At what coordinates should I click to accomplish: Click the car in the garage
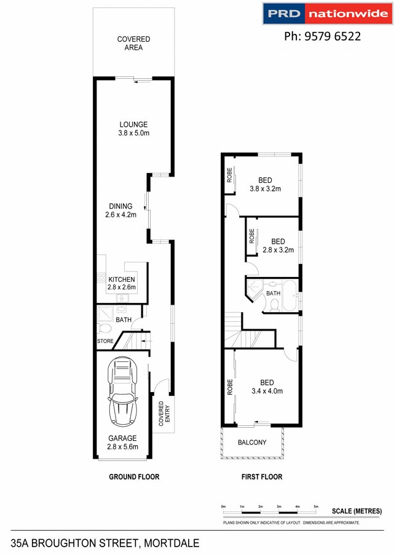point(124,393)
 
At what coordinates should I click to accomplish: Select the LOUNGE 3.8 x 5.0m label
point(133,129)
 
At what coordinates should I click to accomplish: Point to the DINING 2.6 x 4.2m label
point(120,211)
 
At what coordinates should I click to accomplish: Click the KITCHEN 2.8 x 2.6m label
point(122,283)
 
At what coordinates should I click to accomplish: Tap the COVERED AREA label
point(133,43)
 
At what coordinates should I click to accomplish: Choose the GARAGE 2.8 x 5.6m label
point(123,443)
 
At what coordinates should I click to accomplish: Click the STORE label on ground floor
point(105,341)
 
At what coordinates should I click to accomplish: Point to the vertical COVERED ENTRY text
point(161,414)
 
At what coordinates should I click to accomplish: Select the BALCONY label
point(253,442)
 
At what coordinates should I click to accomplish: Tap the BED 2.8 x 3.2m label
point(278,246)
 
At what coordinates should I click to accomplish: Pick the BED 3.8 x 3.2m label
point(265,185)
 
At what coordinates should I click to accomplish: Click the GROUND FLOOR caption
point(134,476)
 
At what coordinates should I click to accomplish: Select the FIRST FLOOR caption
point(262,476)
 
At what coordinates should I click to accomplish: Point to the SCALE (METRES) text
point(357,511)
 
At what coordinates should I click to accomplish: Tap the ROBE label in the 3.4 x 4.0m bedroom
point(230,385)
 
